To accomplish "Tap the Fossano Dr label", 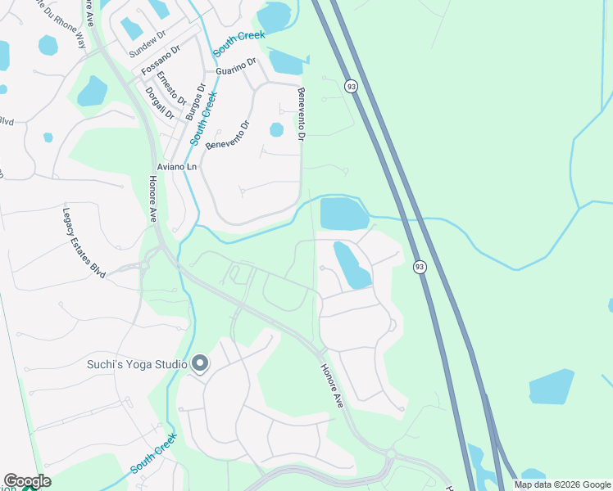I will click(x=160, y=63).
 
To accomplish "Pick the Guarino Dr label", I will click(x=237, y=65).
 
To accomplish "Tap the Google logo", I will click(x=27, y=481).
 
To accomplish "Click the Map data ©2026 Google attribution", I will click(x=562, y=484).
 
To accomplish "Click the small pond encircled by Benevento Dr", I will click(x=276, y=129).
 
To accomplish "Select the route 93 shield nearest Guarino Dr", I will click(x=351, y=86).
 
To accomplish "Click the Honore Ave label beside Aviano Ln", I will click(x=152, y=201).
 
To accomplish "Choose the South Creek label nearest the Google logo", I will click(x=152, y=454).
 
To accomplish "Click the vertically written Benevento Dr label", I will click(x=301, y=115).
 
